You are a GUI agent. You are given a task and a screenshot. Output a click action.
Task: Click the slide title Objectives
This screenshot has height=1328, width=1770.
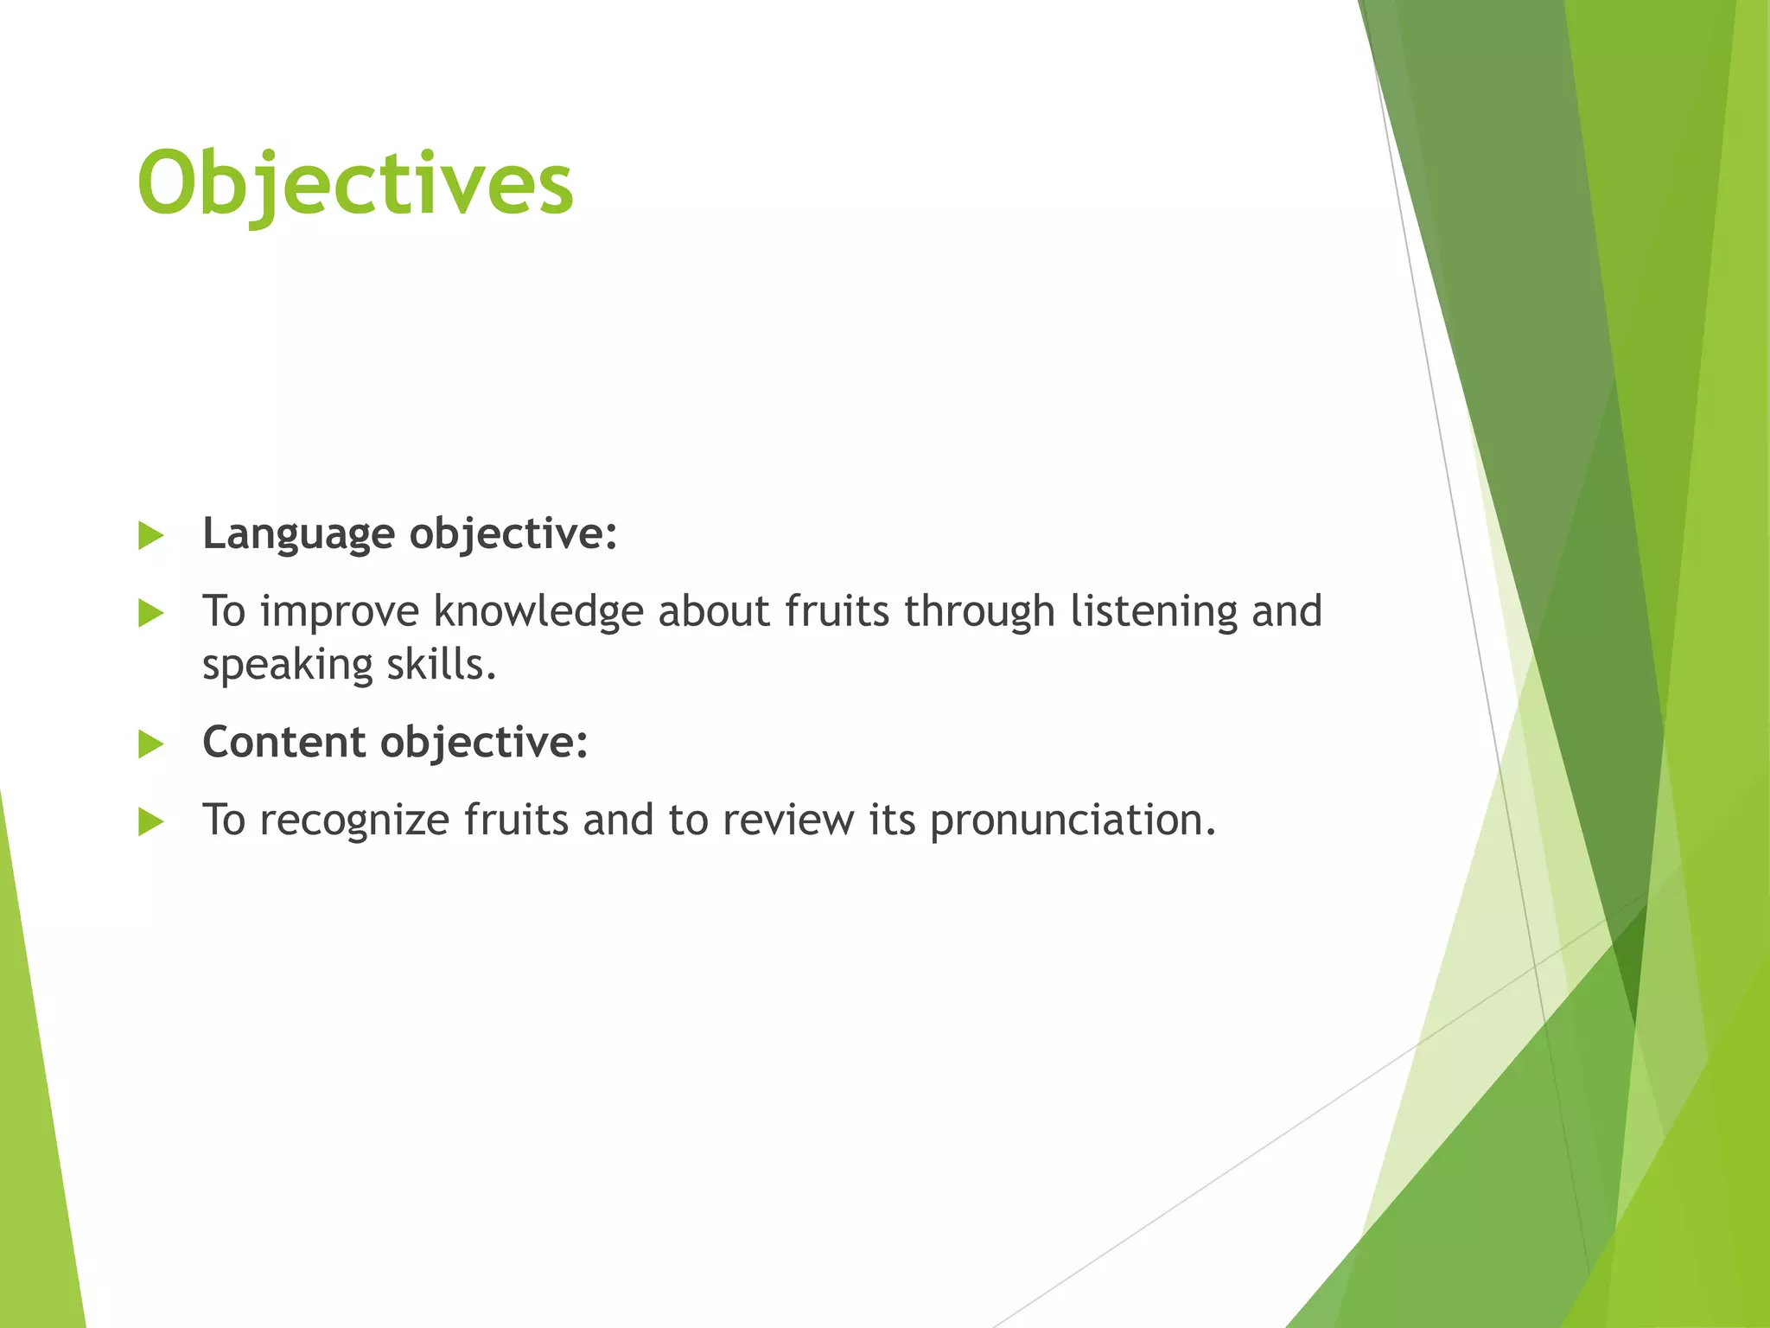[x=354, y=184]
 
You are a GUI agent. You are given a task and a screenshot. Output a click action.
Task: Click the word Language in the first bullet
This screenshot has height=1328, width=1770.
[x=298, y=534]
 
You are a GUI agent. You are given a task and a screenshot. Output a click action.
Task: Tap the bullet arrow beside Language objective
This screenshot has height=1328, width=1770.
[x=150, y=536]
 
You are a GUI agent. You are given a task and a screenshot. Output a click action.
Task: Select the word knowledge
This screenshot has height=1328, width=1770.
[x=538, y=612]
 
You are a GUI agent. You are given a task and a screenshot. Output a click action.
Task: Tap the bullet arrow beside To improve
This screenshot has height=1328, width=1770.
[x=150, y=614]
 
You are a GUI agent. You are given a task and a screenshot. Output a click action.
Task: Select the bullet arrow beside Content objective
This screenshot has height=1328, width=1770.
[x=150, y=744]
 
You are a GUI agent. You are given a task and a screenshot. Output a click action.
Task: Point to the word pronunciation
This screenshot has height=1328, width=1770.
[x=1073, y=820]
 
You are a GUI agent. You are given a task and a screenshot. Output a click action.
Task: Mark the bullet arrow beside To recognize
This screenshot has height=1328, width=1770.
[x=150, y=822]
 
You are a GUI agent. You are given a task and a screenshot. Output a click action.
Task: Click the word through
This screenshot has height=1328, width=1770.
[x=979, y=612]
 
